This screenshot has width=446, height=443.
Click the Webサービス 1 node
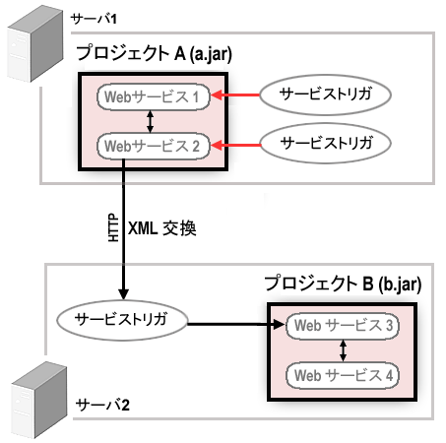point(152,97)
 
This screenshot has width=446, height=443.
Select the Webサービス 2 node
point(152,146)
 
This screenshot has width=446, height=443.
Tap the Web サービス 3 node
point(342,325)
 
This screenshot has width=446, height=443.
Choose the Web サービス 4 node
point(342,374)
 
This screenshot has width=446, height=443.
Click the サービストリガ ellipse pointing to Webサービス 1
point(326,95)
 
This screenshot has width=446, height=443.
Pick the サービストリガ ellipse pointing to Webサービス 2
point(326,142)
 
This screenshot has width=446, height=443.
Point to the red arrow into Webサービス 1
point(236,95)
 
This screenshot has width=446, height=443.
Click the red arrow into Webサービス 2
point(236,144)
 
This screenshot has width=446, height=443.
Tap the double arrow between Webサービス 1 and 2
point(149,121)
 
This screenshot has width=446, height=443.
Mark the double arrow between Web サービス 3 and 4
point(343,349)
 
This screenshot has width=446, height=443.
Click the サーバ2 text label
point(101,405)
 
